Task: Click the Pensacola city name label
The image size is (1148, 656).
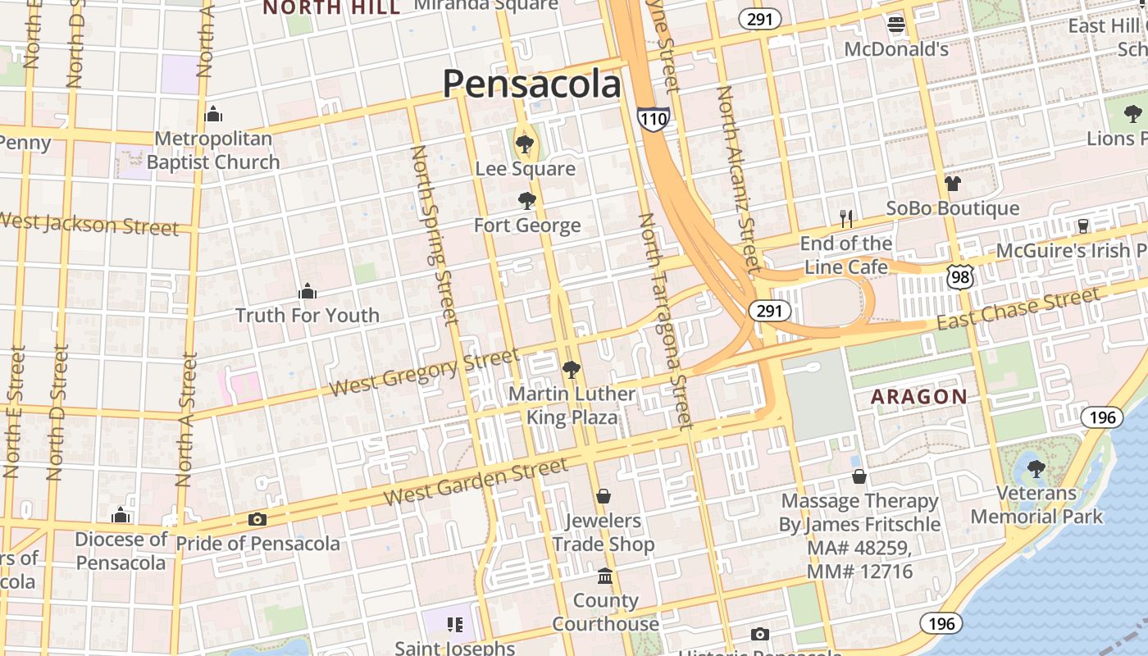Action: click(531, 84)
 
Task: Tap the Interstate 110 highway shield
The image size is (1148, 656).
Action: click(654, 119)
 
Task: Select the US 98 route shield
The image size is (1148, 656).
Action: click(959, 276)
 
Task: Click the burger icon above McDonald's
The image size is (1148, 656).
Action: click(896, 25)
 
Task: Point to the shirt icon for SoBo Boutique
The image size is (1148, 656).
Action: click(952, 183)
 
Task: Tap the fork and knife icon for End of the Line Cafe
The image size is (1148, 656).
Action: click(846, 218)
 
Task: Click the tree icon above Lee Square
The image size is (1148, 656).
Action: click(525, 144)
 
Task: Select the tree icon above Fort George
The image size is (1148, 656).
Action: click(527, 201)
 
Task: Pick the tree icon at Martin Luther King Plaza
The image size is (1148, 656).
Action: click(572, 370)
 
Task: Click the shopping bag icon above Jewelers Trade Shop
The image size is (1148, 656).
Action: click(604, 496)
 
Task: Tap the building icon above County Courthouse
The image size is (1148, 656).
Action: click(605, 576)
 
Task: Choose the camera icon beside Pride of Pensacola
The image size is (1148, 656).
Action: click(257, 519)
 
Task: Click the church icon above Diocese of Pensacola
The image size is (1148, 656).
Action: click(121, 515)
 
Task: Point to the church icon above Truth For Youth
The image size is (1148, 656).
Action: click(307, 291)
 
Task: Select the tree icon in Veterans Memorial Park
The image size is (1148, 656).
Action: click(1036, 468)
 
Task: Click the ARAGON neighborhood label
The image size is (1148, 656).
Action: click(918, 397)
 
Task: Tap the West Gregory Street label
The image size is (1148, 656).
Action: click(425, 373)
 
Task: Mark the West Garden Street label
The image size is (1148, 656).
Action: click(476, 482)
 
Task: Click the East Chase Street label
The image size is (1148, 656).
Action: click(1018, 309)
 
